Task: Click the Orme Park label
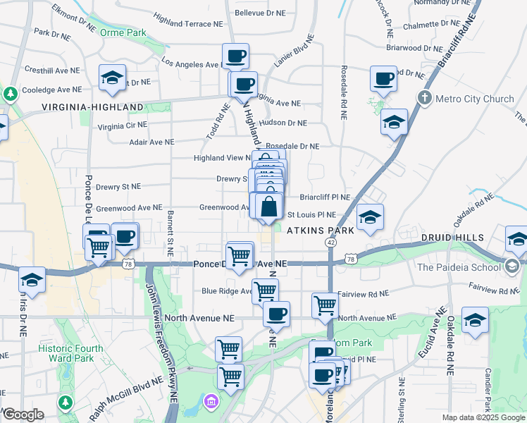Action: pyautogui.click(x=123, y=32)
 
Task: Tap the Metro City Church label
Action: pyautogui.click(x=474, y=98)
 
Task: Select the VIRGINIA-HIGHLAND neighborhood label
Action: pyautogui.click(x=92, y=107)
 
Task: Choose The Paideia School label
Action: pyautogui.click(x=461, y=266)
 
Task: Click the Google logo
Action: pyautogui.click(x=23, y=415)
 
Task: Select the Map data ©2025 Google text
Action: pyautogui.click(x=483, y=417)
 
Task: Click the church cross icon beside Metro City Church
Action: pyautogui.click(x=425, y=97)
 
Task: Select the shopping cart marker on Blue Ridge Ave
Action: pyautogui.click(x=265, y=290)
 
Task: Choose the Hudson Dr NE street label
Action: pyautogui.click(x=283, y=123)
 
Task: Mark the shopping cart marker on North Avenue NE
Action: pyautogui.click(x=325, y=305)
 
